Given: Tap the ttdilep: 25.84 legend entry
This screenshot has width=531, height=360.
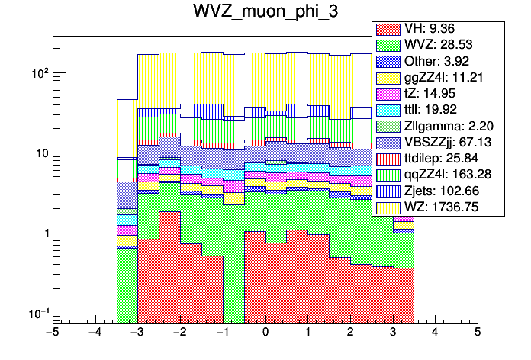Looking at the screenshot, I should click(x=437, y=158).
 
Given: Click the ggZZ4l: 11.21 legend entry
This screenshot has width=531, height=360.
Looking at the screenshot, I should click(x=436, y=78).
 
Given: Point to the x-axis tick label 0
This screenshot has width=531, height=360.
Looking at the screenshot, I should click(x=265, y=333).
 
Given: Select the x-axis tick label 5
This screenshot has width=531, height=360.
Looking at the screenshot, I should click(x=477, y=333).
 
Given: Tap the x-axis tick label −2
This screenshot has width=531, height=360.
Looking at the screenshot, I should click(x=179, y=333).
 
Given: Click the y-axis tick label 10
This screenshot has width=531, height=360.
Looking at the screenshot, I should click(x=40, y=153).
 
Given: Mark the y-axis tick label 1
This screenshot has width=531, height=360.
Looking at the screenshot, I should click(x=44, y=233).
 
